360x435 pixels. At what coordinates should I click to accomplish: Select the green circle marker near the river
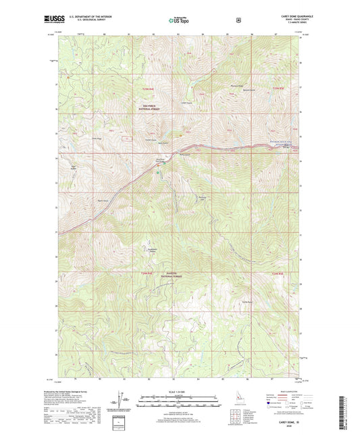[x=158, y=173]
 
